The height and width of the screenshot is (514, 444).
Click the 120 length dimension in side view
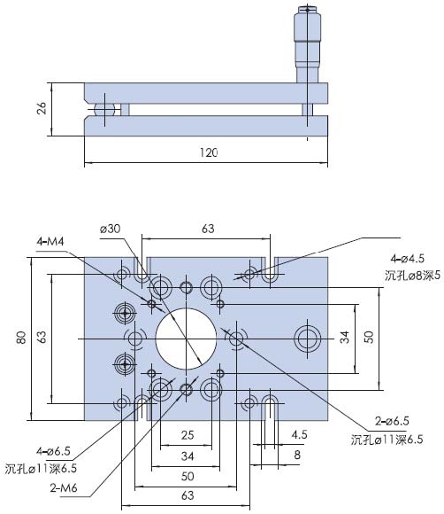tap(207, 152)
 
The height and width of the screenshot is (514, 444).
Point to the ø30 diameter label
tap(111, 229)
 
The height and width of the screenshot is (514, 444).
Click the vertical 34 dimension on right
tap(346, 338)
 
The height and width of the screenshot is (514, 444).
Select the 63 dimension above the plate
tap(207, 229)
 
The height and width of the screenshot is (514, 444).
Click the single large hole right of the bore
tap(309, 338)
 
